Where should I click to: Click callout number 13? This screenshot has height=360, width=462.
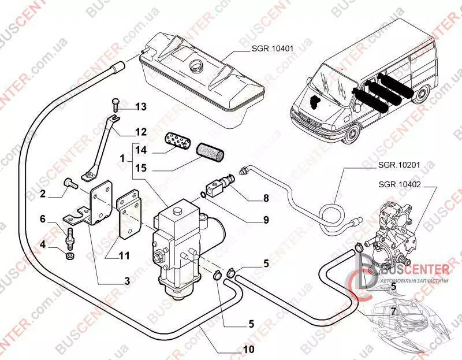tap(141, 107)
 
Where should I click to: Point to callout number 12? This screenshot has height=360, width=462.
tap(141, 132)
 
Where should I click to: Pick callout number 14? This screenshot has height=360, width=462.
tap(141, 150)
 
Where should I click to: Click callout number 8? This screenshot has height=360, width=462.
tap(266, 198)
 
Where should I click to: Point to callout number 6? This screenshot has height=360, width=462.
tap(43, 218)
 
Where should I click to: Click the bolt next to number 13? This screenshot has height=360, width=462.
tap(114, 105)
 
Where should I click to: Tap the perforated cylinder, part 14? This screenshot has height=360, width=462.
tap(176, 142)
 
